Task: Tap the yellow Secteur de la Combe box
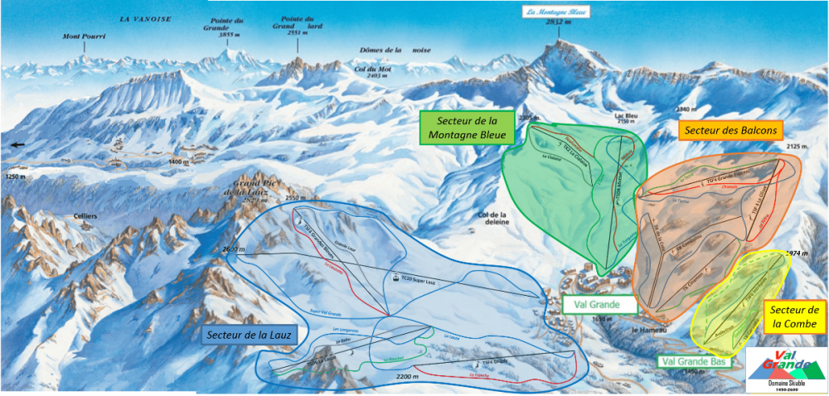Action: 795,316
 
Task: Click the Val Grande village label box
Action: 600,304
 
